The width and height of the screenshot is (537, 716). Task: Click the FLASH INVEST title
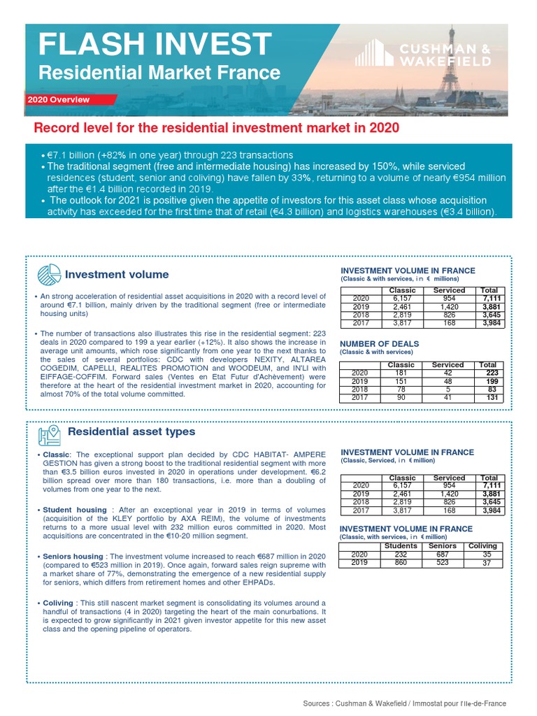tap(154, 44)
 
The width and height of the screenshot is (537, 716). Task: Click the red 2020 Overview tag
tap(59, 100)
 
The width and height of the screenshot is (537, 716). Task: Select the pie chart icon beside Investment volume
tap(48, 274)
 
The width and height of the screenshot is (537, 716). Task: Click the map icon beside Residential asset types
tap(49, 434)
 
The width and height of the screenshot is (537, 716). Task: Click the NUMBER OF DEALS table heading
tap(379, 344)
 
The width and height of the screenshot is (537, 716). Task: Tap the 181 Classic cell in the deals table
tap(401, 373)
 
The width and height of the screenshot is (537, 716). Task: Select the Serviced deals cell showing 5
tap(447, 389)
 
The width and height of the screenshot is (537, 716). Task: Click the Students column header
tap(401, 546)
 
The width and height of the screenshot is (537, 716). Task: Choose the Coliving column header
tap(482, 546)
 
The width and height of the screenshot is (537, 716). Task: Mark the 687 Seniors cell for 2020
tap(442, 554)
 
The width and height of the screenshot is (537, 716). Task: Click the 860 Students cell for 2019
tap(401, 563)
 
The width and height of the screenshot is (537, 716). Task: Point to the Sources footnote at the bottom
tap(405, 703)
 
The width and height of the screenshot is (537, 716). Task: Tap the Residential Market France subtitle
tap(159, 73)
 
